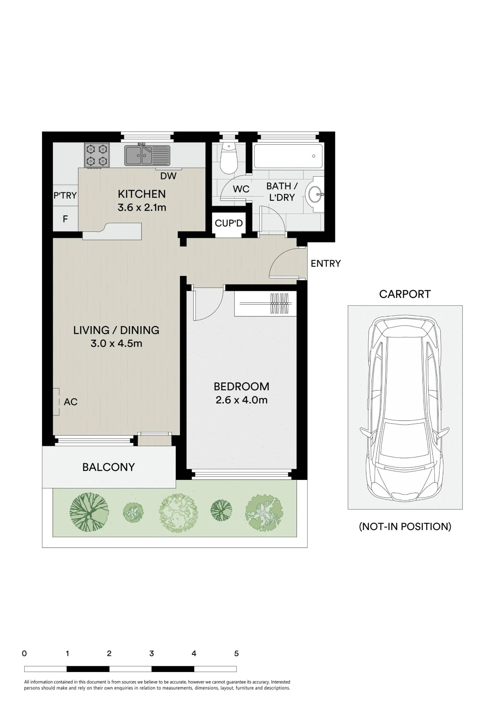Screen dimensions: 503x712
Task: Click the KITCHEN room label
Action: [142, 194]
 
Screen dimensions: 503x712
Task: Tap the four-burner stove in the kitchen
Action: [97, 155]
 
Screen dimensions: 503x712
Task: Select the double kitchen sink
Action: [147, 155]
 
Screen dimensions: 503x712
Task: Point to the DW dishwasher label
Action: [168, 176]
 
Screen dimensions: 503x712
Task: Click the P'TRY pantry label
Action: [65, 195]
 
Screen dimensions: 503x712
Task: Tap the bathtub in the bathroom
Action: [288, 156]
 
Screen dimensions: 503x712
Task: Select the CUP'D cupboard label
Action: [229, 223]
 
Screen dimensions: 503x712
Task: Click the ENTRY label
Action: [326, 263]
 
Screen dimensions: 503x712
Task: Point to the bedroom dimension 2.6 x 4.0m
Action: [241, 400]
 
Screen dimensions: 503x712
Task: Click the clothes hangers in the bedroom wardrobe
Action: [279, 303]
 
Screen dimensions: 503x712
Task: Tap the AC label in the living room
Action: [70, 402]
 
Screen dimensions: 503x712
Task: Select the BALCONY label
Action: [109, 467]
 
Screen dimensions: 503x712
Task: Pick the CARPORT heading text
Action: [405, 294]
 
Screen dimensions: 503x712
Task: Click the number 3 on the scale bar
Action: [152, 653]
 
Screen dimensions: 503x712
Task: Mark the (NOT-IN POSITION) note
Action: [405, 527]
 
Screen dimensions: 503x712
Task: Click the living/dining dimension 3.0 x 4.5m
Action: [116, 344]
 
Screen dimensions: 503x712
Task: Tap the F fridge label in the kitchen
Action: [65, 219]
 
